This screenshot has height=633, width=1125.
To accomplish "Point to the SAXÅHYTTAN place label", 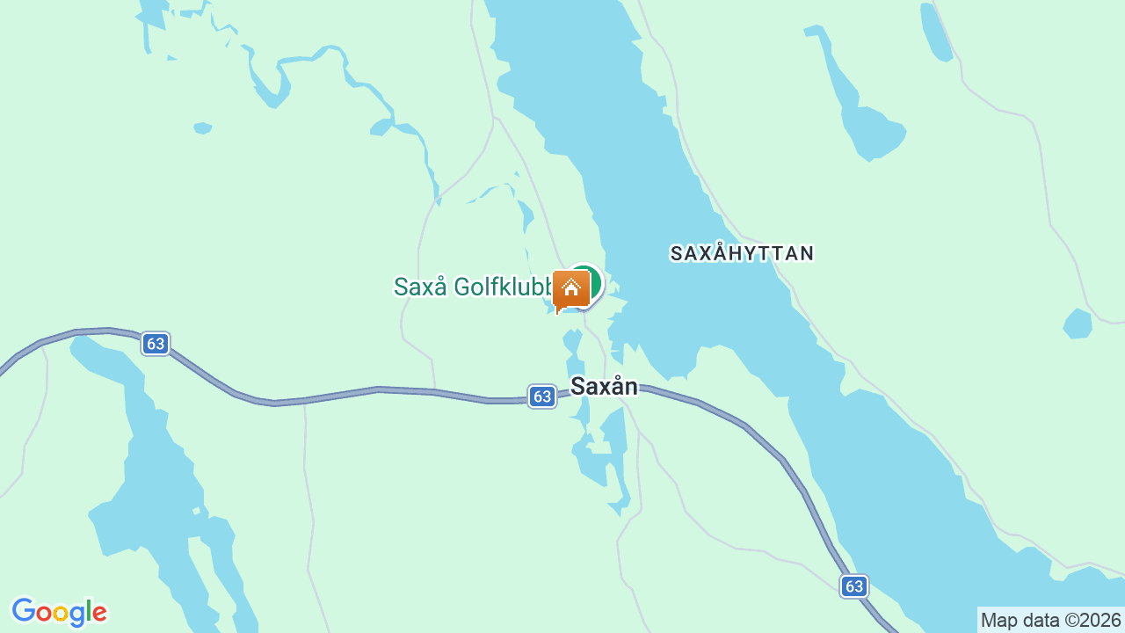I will [x=742, y=253].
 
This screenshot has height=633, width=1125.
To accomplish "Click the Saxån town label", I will [x=604, y=386].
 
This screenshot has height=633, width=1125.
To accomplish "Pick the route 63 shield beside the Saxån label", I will [x=542, y=397].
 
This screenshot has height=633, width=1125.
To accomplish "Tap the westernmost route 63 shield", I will [x=156, y=344].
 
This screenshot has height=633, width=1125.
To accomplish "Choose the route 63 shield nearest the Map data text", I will [x=853, y=586].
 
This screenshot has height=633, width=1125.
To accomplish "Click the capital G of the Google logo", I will [x=23, y=611].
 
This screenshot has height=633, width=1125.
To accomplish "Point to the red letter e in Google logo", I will [x=98, y=613].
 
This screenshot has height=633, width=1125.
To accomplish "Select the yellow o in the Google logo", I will [x=60, y=613].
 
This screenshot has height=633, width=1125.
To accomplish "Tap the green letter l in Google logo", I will [x=88, y=610].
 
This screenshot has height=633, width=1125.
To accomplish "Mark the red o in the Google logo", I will [x=43, y=613].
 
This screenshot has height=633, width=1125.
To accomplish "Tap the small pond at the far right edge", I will [x=1078, y=324].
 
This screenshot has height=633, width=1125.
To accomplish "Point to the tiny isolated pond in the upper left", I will [x=203, y=128].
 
